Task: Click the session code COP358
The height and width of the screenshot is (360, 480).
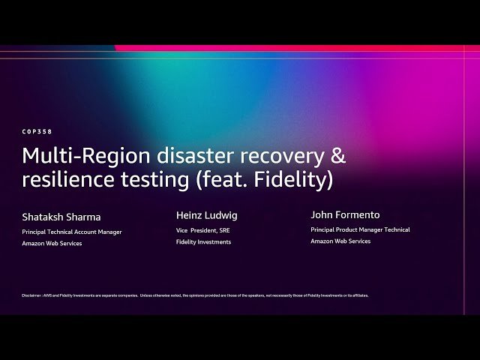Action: pyautogui.click(x=37, y=131)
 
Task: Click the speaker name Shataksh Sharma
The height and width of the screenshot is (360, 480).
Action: pyautogui.click(x=61, y=217)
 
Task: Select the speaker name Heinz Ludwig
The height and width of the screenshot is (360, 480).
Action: pyautogui.click(x=206, y=215)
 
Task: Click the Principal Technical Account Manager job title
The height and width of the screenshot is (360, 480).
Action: pyautogui.click(x=72, y=232)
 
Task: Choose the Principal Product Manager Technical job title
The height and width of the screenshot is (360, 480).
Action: pyautogui.click(x=360, y=229)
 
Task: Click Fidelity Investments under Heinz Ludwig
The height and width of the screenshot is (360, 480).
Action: pyautogui.click(x=203, y=242)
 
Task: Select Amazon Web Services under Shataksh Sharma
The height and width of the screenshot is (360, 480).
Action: pyautogui.click(x=52, y=244)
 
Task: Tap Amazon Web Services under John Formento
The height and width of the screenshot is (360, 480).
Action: pyautogui.click(x=340, y=241)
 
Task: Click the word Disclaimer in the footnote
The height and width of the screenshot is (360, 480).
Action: pyautogui.click(x=31, y=295)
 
